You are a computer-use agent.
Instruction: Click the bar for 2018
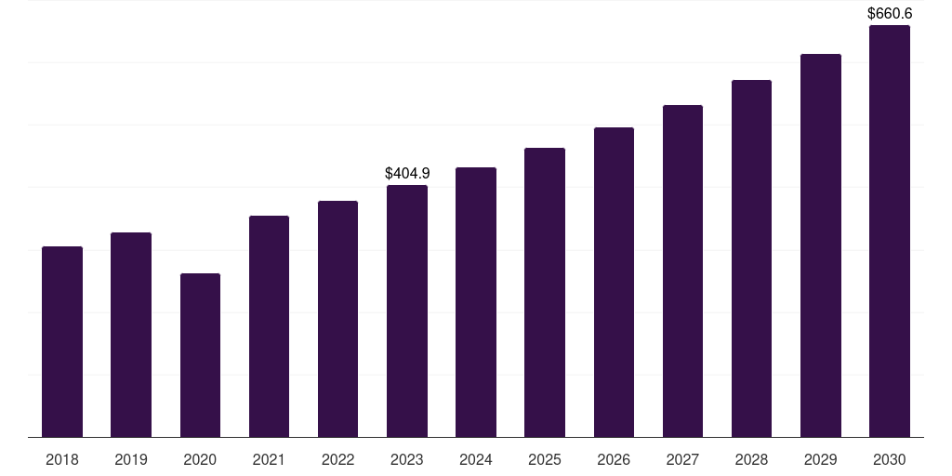point(62,341)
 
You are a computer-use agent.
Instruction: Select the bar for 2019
point(131,335)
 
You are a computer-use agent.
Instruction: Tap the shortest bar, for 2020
point(200,355)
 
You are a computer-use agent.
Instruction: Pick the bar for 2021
point(269,326)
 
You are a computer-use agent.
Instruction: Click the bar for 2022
point(337,319)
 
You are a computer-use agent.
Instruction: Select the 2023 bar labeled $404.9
point(407,311)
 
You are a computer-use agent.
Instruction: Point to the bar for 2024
point(476,302)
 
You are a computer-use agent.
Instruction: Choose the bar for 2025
point(545,292)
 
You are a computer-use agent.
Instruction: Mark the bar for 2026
point(614,282)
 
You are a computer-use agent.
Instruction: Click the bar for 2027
point(682,271)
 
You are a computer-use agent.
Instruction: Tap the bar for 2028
point(751,258)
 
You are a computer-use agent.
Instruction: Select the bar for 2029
point(821,245)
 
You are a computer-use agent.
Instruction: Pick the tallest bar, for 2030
point(890,231)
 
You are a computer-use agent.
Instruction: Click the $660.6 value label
point(890,13)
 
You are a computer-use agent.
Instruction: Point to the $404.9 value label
point(407,173)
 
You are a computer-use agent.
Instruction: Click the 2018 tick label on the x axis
point(62,459)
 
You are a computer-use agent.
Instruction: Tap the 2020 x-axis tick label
point(200,459)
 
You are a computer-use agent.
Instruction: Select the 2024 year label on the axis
point(476,459)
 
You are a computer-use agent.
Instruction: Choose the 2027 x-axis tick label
point(682,459)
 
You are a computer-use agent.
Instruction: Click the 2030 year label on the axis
point(890,459)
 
